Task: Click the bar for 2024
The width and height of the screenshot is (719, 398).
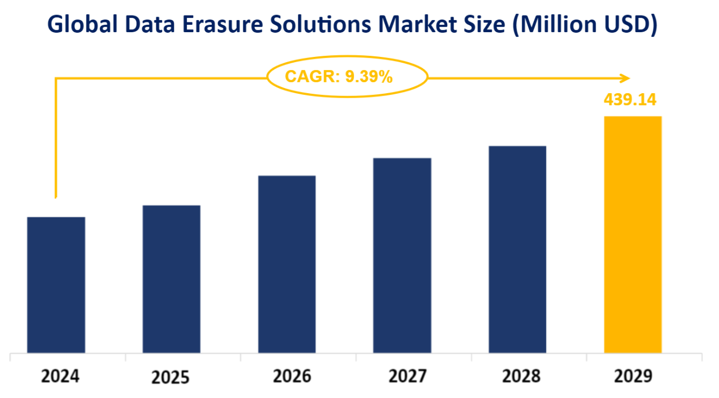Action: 56,285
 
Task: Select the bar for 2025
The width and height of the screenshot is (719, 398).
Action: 171,279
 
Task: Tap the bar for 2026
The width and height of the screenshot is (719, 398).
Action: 287,264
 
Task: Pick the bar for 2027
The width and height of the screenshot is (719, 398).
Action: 402,255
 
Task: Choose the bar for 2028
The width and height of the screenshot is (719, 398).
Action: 517,249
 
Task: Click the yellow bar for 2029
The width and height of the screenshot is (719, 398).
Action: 633,234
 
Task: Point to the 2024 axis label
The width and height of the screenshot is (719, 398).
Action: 60,377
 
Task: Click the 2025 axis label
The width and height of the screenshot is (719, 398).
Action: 171,378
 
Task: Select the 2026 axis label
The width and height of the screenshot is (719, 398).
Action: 292,377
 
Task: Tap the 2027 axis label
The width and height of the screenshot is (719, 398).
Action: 407,377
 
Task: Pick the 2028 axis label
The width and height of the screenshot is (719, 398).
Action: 521,377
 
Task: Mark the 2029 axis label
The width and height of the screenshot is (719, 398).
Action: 633,377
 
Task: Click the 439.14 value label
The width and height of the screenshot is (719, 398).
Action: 630,100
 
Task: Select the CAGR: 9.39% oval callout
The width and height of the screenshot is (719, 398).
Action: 347,76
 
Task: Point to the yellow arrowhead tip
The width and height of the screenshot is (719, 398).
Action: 629,78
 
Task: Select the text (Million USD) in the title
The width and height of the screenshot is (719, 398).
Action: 583,25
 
